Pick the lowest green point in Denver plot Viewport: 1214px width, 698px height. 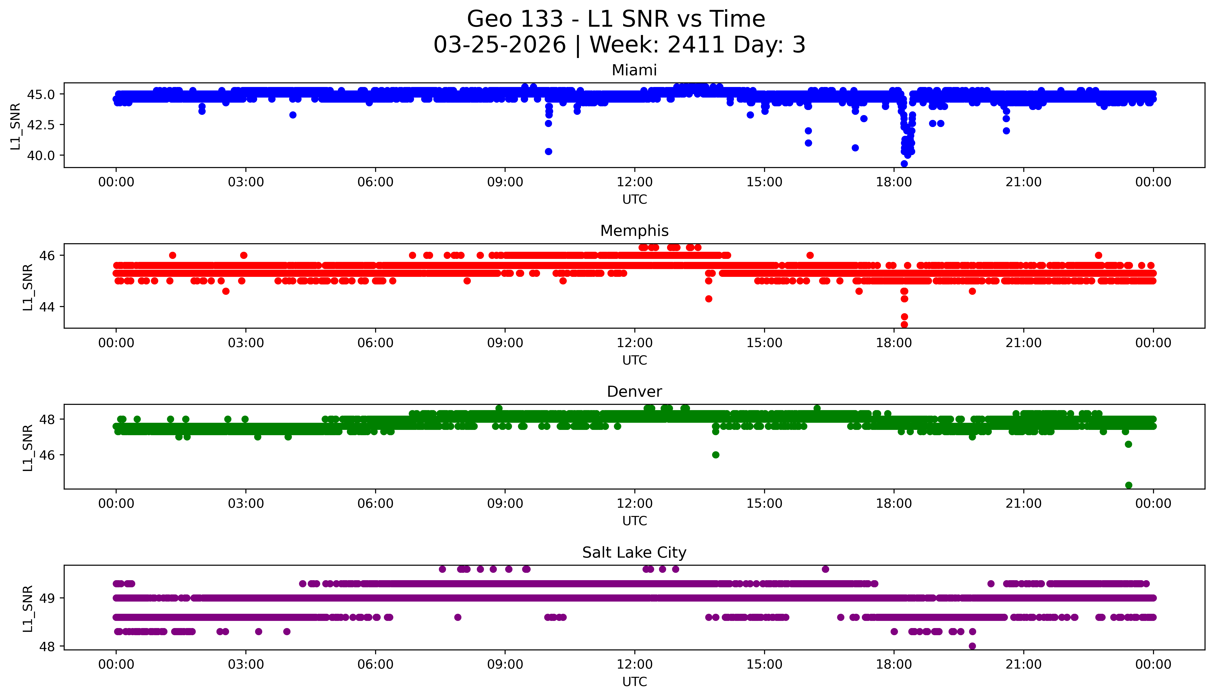(1128, 485)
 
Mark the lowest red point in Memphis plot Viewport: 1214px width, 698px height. (904, 324)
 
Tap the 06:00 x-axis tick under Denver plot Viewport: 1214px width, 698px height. (375, 503)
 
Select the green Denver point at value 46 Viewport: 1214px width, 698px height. (715, 455)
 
